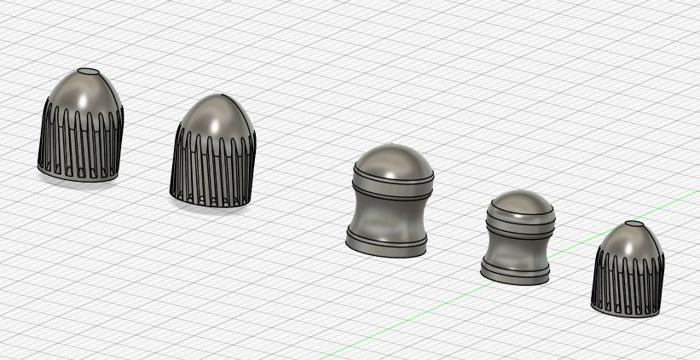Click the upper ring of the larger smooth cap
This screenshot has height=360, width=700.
point(391,181)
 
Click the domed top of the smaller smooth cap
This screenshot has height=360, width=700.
point(521,203)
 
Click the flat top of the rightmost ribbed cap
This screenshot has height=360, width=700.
point(635,224)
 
